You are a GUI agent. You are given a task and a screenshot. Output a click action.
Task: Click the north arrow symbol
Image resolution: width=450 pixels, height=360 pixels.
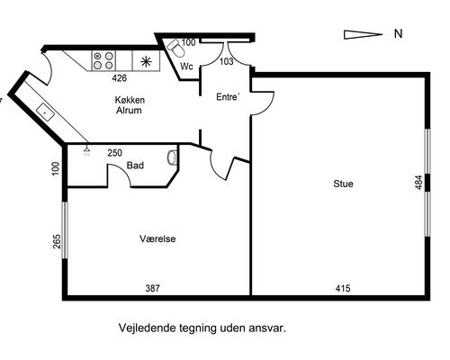point(363,34)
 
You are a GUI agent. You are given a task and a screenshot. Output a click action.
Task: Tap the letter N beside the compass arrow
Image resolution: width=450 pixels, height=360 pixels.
point(397,35)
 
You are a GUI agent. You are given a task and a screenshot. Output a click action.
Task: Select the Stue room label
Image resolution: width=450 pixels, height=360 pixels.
point(342,184)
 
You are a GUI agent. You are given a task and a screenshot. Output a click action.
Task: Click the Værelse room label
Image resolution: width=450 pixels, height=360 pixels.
point(157,239)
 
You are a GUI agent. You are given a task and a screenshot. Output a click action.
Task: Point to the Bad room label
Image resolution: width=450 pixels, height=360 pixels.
point(136,166)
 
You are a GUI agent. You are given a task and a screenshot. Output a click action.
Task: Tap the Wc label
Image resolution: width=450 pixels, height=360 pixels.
point(187,67)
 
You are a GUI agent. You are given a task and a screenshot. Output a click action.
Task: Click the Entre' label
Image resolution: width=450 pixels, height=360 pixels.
point(229,97)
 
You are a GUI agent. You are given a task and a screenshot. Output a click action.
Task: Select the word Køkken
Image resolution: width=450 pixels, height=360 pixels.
point(130,100)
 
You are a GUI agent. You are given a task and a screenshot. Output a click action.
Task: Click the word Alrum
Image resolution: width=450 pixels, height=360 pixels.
point(130,112)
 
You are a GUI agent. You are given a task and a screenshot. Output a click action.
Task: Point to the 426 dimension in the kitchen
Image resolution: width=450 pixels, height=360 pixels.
point(119,78)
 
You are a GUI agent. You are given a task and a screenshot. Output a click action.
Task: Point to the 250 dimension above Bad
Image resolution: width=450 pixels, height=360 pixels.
point(115,153)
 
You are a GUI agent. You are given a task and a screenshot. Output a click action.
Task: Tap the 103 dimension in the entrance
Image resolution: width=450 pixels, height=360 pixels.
point(227,61)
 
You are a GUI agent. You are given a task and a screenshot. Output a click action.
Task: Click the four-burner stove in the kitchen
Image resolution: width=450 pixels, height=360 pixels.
point(103,60)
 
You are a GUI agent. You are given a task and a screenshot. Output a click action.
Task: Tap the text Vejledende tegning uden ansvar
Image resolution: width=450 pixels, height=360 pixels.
point(202,330)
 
